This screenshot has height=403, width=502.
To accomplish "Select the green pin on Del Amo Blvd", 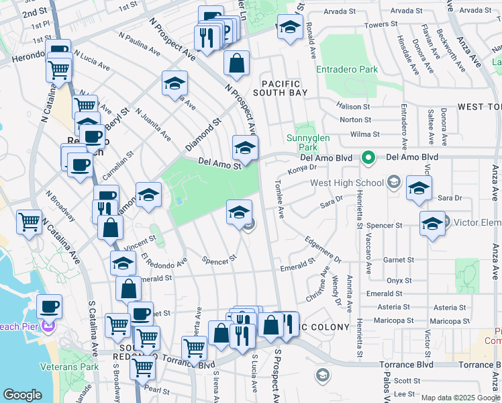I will tap(368, 159).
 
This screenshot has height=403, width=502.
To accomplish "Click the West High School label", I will tap(346, 183).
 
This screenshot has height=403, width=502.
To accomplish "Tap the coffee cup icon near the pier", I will tap(49, 307).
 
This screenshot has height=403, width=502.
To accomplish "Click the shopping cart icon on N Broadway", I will tap(30, 222).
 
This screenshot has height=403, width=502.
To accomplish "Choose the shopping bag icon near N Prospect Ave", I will tap(236, 64).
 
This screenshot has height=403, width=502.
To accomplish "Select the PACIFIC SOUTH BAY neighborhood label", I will tap(281, 87).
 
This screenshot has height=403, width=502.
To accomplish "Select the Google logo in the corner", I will tap(22, 395).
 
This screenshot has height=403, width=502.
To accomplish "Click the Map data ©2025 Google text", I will tap(460, 398).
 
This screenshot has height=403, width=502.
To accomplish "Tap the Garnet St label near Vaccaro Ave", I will tap(396, 260).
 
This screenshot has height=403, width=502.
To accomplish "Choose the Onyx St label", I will tap(398, 281).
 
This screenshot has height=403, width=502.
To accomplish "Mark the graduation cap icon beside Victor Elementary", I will tap(432, 224).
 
